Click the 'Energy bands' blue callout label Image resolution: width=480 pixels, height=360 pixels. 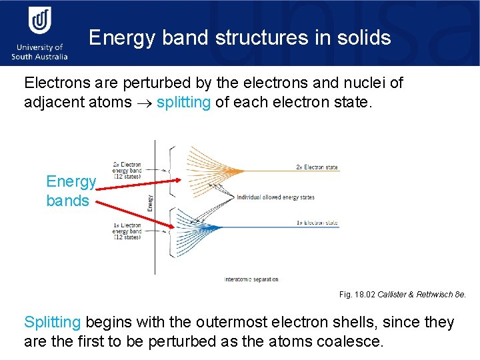pyautogui.click(x=71, y=191)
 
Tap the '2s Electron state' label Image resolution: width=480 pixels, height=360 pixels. pyautogui.click(x=317, y=167)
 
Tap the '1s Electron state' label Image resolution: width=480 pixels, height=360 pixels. pyautogui.click(x=317, y=223)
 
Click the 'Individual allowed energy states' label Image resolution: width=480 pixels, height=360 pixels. pyautogui.click(x=275, y=197)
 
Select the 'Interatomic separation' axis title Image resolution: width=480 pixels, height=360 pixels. pyautogui.click(x=252, y=279)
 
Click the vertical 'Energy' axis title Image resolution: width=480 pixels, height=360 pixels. pyautogui.click(x=149, y=202)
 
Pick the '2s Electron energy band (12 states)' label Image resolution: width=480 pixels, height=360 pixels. pyautogui.click(x=126, y=170)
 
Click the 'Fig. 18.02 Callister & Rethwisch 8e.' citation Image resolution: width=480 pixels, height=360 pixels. pyautogui.click(x=403, y=294)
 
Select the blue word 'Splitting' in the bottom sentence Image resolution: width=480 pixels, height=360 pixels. pyautogui.click(x=52, y=323)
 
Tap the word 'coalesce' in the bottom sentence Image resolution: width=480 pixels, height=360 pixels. pyautogui.click(x=350, y=342)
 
